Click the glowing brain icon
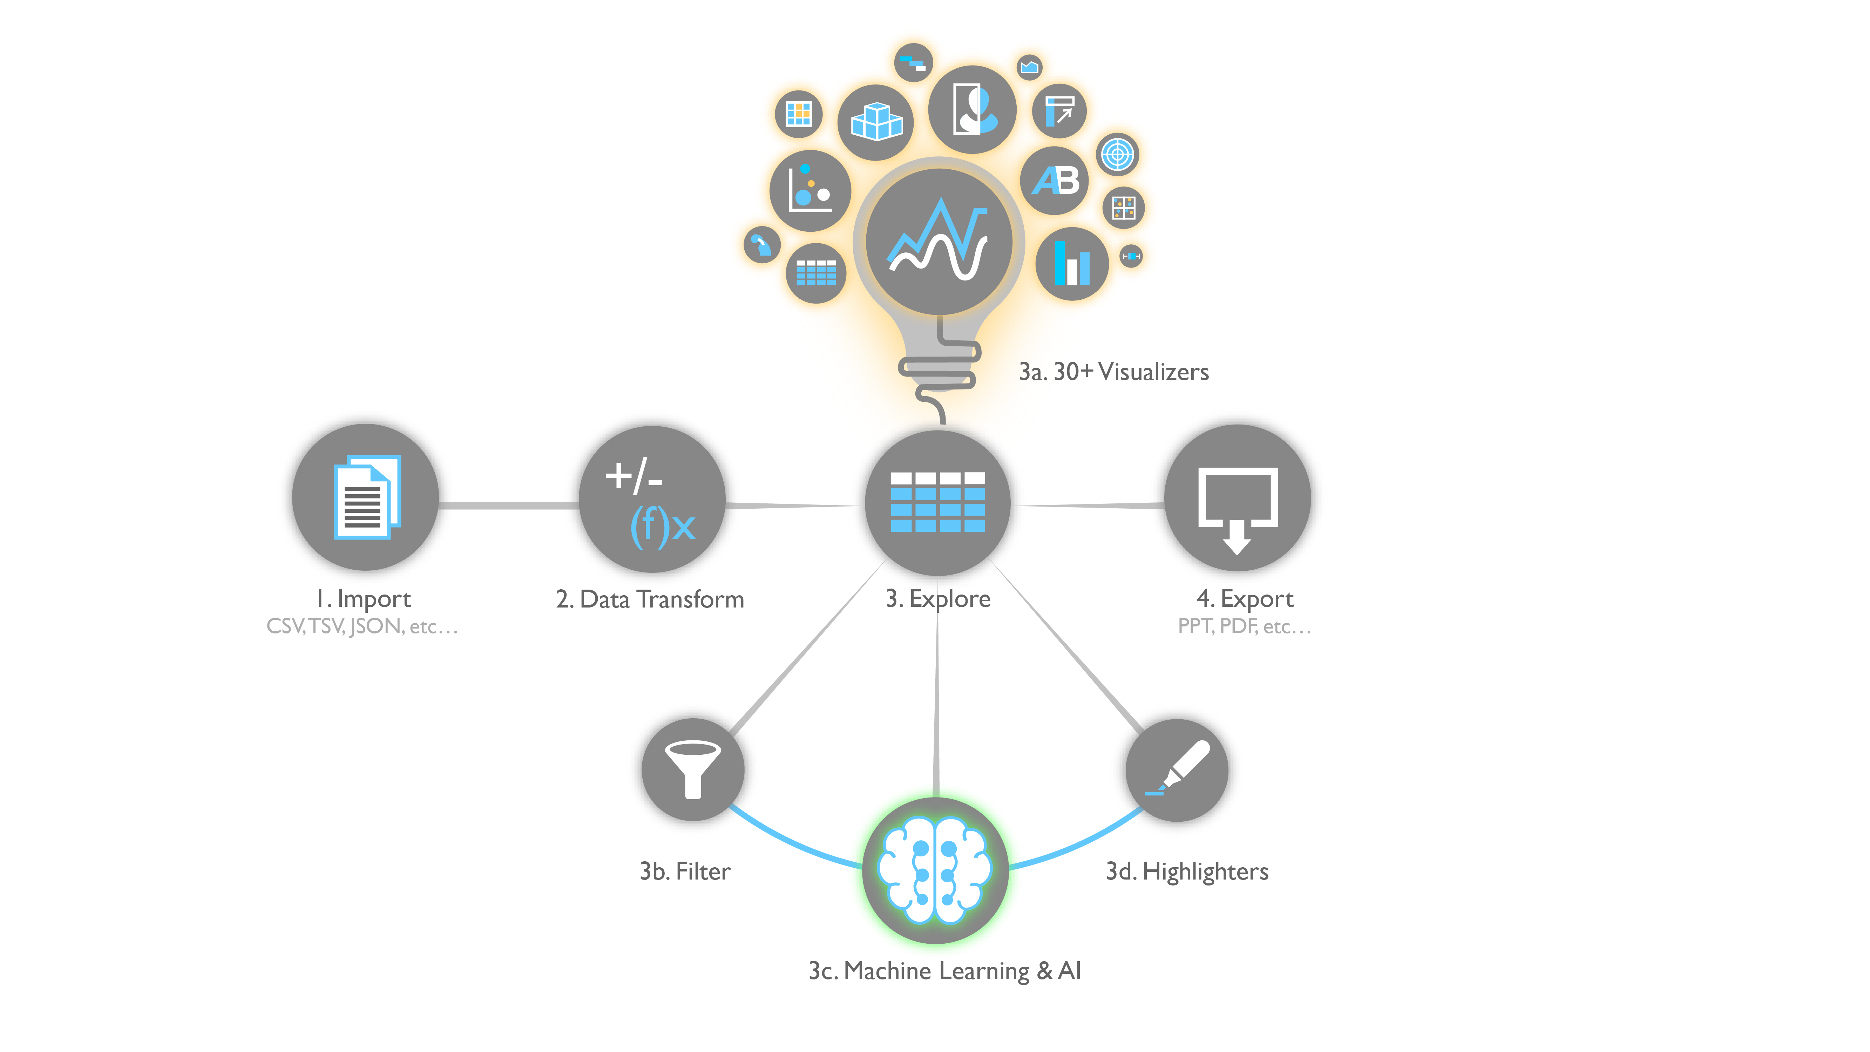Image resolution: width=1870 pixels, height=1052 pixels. click(935, 870)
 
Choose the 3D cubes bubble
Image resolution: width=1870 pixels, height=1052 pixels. click(875, 122)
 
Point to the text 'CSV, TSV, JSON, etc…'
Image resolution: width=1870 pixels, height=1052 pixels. click(362, 626)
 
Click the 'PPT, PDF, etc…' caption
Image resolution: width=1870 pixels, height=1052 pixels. click(1244, 626)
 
